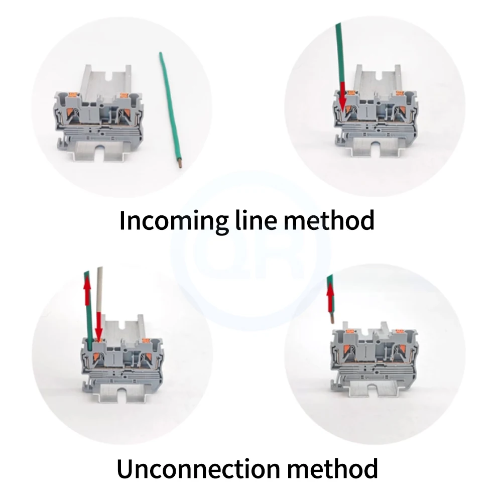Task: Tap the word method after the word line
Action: [329, 220]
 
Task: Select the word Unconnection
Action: [197, 468]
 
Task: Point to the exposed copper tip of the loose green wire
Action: [180, 165]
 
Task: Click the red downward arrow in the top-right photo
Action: [343, 97]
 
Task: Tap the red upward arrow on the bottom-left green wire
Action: [87, 288]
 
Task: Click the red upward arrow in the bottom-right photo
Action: [330, 298]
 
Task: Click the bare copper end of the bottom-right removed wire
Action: [332, 319]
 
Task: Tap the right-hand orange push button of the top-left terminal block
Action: [123, 95]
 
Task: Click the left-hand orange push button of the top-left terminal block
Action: [71, 94]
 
